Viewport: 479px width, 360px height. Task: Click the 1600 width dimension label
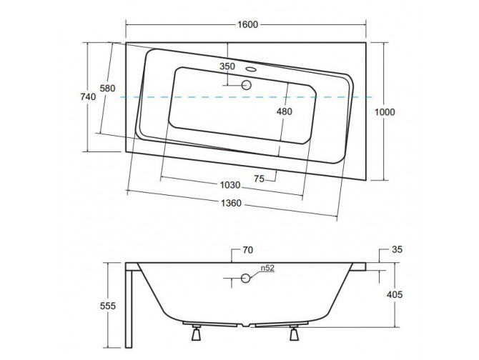click(248, 24)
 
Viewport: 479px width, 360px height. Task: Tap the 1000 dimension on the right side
click(385, 112)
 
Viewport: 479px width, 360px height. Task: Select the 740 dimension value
click(88, 97)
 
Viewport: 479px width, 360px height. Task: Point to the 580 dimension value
click(108, 88)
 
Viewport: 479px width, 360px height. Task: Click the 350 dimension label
click(227, 66)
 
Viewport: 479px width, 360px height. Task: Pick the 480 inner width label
click(284, 111)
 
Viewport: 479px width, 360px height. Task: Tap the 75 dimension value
click(259, 179)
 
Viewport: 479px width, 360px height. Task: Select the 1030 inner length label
click(230, 185)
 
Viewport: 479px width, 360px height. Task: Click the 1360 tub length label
click(231, 203)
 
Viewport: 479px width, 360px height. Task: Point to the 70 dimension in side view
click(248, 250)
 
